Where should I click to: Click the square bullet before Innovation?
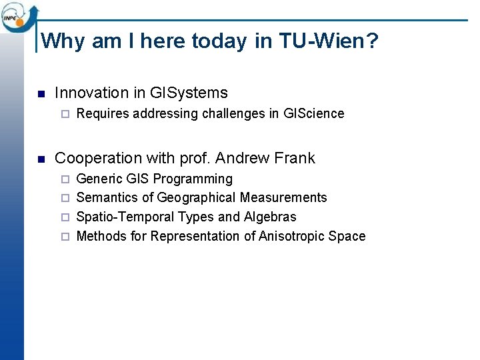(41, 93)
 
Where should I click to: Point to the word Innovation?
(91, 93)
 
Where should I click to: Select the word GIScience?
(313, 113)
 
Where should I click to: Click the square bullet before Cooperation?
(41, 159)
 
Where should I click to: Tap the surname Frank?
(295, 159)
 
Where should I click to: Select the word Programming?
(193, 179)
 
